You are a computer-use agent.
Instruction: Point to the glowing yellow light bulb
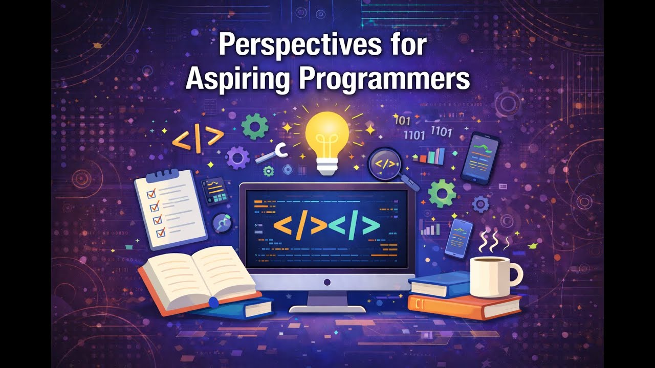coord(327,134)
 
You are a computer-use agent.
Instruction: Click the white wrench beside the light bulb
coord(272,153)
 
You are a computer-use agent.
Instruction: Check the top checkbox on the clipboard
coord(151,194)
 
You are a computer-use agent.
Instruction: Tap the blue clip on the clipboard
coord(162,175)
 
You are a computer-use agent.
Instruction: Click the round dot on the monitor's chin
coord(327,282)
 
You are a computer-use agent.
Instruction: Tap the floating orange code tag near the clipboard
coord(198,137)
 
